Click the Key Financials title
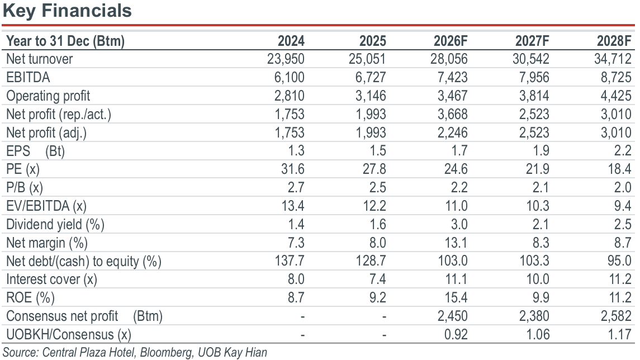(x=67, y=11)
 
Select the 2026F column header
(x=450, y=41)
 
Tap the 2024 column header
(x=291, y=41)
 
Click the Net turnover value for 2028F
(x=613, y=59)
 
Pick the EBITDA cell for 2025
(x=370, y=77)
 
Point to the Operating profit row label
(x=48, y=96)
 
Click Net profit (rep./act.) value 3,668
(x=452, y=114)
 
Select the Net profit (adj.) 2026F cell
(x=452, y=132)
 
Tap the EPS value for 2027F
(x=541, y=150)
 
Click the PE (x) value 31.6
(x=293, y=169)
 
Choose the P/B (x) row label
(x=25, y=187)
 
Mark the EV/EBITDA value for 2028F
(x=623, y=206)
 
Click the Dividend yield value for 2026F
(x=459, y=224)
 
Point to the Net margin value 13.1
(x=456, y=243)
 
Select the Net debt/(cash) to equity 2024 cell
(x=290, y=260)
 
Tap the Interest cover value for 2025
(x=377, y=279)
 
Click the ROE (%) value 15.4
(x=456, y=297)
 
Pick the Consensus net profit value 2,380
(x=534, y=316)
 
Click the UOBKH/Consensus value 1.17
(x=619, y=334)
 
